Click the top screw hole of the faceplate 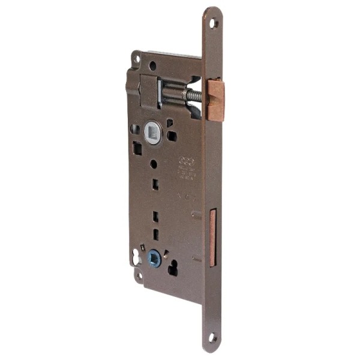tap(214, 23)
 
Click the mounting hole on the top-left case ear tap(137, 59)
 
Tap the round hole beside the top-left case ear tap(152, 66)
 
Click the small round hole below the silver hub tap(154, 163)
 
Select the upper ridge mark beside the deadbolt tap(196, 214)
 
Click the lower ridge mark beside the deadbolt tap(196, 259)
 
